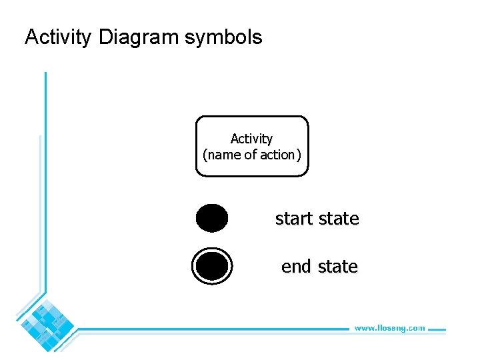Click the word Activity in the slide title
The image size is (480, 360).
(59, 37)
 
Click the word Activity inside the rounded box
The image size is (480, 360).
(251, 139)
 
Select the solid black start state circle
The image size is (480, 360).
(212, 218)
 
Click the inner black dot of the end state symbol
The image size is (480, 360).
(212, 266)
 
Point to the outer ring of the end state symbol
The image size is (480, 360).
(194, 266)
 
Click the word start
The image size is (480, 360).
(294, 219)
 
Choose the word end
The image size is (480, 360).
(296, 267)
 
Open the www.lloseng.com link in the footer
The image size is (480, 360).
(389, 328)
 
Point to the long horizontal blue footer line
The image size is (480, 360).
(213, 329)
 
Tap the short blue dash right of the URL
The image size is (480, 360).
(436, 328)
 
